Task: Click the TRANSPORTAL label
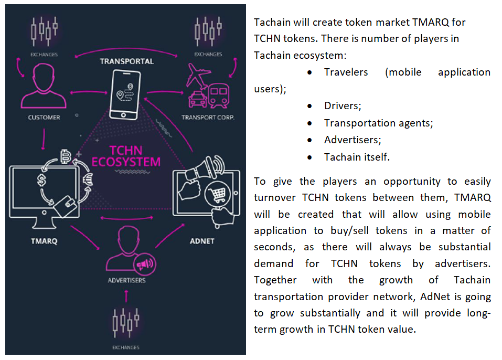pos(126,61)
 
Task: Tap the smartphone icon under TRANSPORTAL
pos(124,95)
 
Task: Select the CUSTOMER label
pos(44,118)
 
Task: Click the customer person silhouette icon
pos(43,86)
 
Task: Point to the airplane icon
pos(198,76)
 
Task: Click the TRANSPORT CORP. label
pos(208,118)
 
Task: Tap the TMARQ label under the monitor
pos(44,241)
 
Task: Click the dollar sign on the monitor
pos(41,180)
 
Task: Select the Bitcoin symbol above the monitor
pos(66,156)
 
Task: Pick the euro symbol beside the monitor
pos(88,179)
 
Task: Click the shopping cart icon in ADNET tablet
pos(217,194)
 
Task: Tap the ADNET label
pos(202,241)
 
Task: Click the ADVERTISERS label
pos(126,281)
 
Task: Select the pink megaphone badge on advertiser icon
pos(145,264)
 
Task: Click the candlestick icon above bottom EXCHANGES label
pos(126,323)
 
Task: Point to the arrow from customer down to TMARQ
pos(44,139)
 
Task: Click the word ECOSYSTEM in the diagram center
pos(126,162)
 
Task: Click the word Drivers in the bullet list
pos(341,105)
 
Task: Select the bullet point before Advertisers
pos(309,140)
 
